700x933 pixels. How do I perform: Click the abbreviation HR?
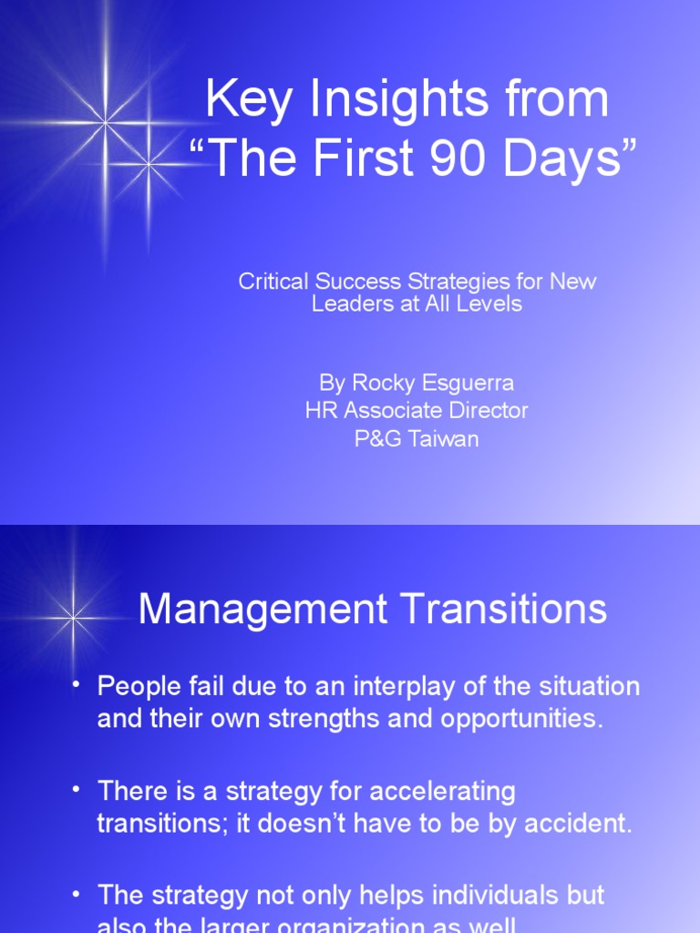click(x=320, y=410)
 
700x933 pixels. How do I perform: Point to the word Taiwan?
click(x=443, y=438)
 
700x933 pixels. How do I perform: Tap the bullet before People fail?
click(x=77, y=684)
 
